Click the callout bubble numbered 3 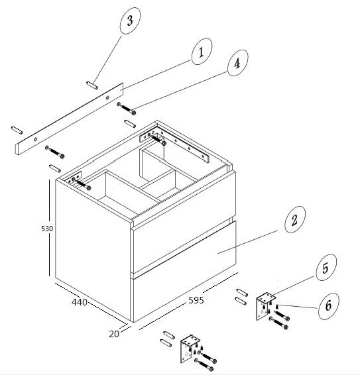(x=130, y=21)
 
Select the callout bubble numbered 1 (x=202, y=52)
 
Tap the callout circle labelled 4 (x=237, y=63)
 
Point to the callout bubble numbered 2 (x=295, y=219)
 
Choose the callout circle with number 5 (x=326, y=268)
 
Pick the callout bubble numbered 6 (x=328, y=306)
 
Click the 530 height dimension (x=47, y=229)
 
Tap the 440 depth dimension (x=80, y=302)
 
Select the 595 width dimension (x=196, y=300)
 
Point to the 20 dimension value (x=114, y=334)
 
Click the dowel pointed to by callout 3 (x=92, y=85)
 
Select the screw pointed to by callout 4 (x=127, y=108)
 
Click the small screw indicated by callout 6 (x=277, y=306)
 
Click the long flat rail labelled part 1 (x=70, y=119)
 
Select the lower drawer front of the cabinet (x=184, y=272)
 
